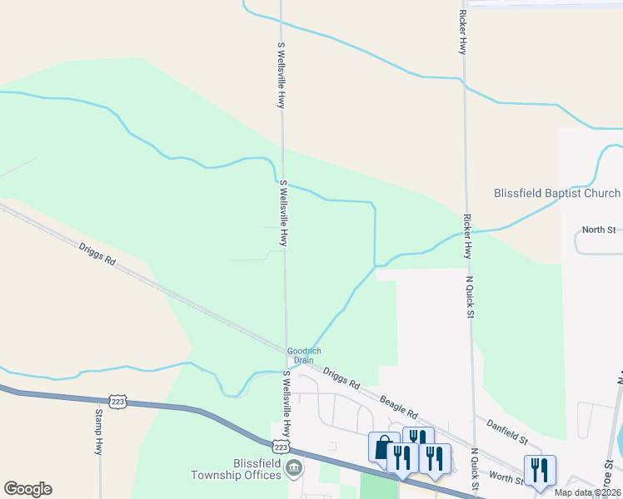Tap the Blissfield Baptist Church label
(557, 193)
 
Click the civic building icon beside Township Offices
(293, 470)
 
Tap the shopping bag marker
(384, 447)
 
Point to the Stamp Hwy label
(98, 431)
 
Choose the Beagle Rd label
(398, 406)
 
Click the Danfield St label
(508, 432)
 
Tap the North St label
(598, 230)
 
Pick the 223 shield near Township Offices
(281, 448)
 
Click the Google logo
(27, 489)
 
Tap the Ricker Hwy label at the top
(462, 32)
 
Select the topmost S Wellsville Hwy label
(282, 75)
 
